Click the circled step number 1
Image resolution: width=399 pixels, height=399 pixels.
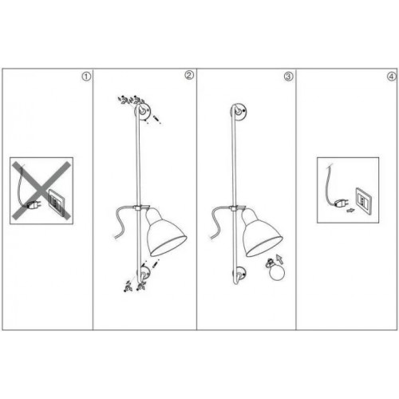87,77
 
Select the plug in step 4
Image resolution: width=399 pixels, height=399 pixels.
342,202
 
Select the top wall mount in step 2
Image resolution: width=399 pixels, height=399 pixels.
143,113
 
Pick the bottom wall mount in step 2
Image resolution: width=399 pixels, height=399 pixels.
143,275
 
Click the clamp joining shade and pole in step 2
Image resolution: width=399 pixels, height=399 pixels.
140,209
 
